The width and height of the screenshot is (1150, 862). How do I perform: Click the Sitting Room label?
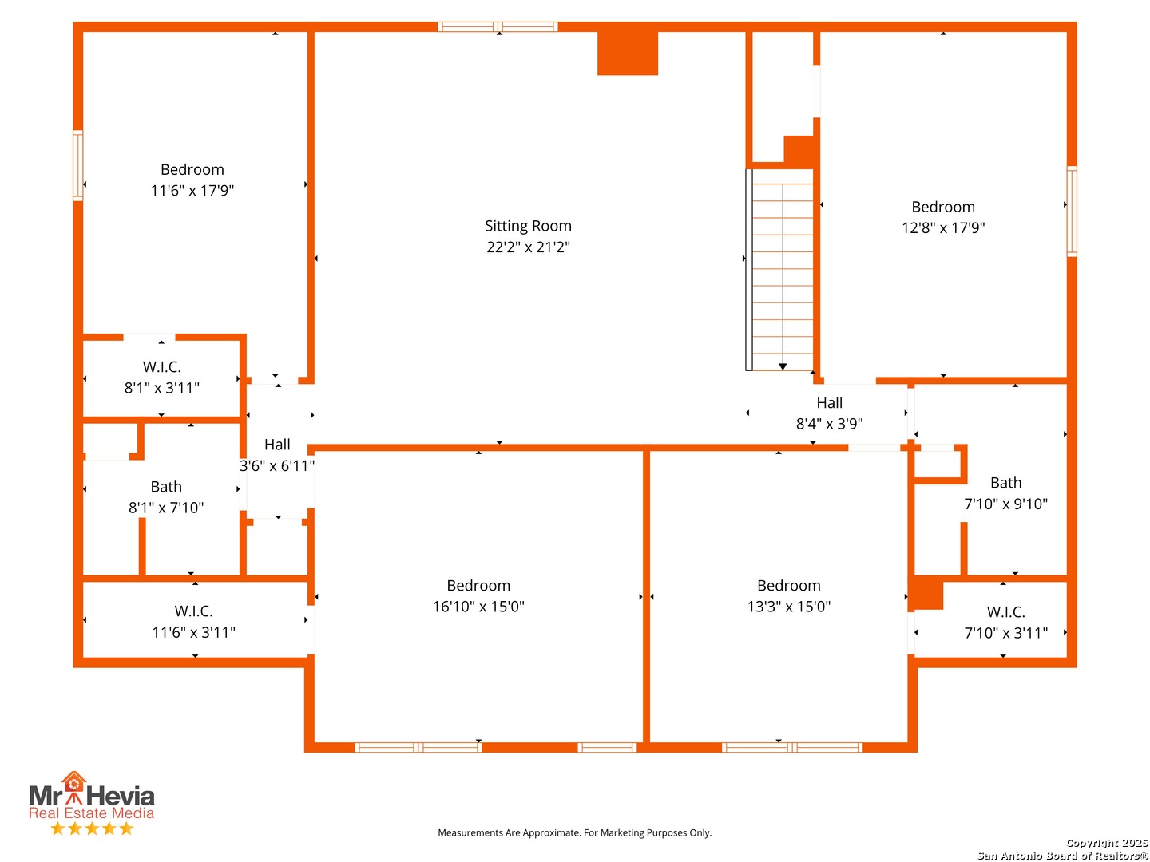528,226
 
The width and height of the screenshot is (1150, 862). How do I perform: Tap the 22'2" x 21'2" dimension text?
528,247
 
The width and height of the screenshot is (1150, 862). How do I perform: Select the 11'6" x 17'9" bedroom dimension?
192,190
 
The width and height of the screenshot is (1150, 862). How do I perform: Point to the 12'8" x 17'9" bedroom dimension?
942,227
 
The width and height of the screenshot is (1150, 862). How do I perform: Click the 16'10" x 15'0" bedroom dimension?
478,606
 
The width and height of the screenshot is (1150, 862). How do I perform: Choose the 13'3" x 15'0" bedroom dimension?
788,606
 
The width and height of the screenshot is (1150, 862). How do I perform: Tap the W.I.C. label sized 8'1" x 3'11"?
162,367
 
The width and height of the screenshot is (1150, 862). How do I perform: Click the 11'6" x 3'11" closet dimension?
194,632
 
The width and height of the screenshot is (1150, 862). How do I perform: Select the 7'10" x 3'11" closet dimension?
1005,633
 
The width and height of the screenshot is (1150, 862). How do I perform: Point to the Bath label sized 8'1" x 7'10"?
166,487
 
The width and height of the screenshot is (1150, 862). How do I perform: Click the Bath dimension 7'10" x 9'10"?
1005,504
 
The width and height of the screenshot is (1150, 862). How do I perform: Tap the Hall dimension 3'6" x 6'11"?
277,465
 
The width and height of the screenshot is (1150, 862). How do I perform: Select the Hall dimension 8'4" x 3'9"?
829,423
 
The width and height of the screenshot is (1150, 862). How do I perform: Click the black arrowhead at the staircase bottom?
782,367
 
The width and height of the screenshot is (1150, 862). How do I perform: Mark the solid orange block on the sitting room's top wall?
627,53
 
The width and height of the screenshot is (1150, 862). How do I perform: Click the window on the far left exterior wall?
77,165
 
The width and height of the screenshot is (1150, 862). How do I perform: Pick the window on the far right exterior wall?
1072,211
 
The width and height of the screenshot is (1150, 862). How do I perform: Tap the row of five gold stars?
92,828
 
